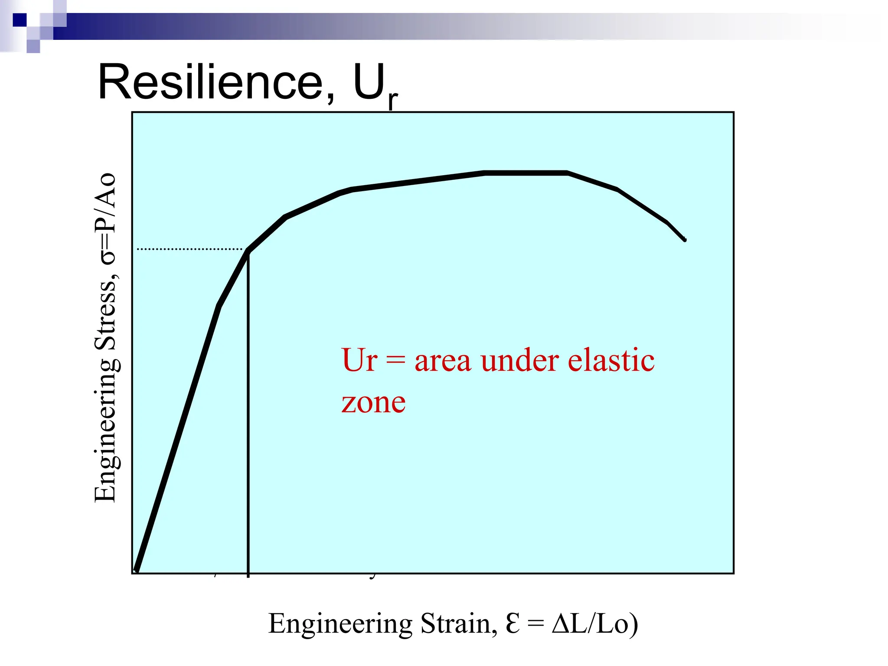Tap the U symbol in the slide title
click(369, 82)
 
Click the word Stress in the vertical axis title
click(106, 316)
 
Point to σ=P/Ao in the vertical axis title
click(106, 219)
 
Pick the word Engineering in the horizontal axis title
click(340, 624)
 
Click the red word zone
click(373, 402)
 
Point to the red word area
click(442, 361)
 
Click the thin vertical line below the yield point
click(248, 412)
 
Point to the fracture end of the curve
click(684, 239)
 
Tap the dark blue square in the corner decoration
click(20, 20)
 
